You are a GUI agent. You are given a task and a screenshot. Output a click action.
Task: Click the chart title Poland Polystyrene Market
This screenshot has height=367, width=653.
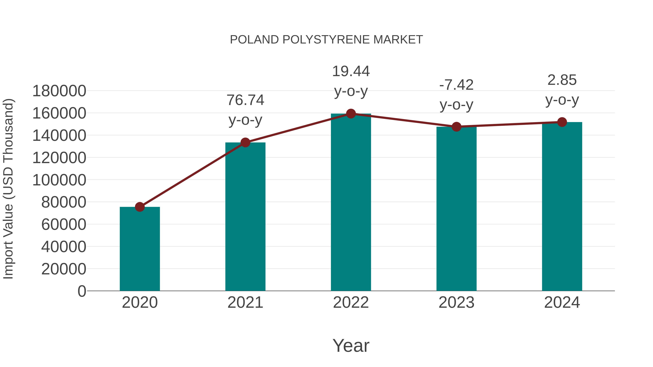click(326, 40)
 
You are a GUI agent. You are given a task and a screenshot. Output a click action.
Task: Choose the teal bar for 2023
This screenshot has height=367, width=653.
click(456, 209)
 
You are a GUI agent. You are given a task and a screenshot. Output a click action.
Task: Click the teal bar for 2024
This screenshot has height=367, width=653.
click(562, 206)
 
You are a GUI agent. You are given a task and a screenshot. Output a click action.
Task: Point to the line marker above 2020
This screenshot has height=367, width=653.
click(140, 207)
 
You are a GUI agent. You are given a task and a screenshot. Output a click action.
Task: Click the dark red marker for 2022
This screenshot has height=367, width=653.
click(351, 114)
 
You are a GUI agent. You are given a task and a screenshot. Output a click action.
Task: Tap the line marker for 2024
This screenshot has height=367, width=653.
click(562, 122)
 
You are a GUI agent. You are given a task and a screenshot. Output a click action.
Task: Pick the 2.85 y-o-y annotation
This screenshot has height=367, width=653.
click(562, 90)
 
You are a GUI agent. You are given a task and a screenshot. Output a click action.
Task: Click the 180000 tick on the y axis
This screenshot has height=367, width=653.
click(59, 91)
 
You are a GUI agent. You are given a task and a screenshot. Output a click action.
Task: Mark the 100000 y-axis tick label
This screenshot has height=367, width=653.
click(59, 180)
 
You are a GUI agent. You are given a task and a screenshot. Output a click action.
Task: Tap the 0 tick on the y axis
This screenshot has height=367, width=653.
click(82, 291)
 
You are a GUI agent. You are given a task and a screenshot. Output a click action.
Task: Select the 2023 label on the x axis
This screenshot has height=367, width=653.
click(456, 302)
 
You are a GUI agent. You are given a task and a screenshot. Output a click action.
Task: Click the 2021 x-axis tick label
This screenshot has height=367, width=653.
click(245, 302)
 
